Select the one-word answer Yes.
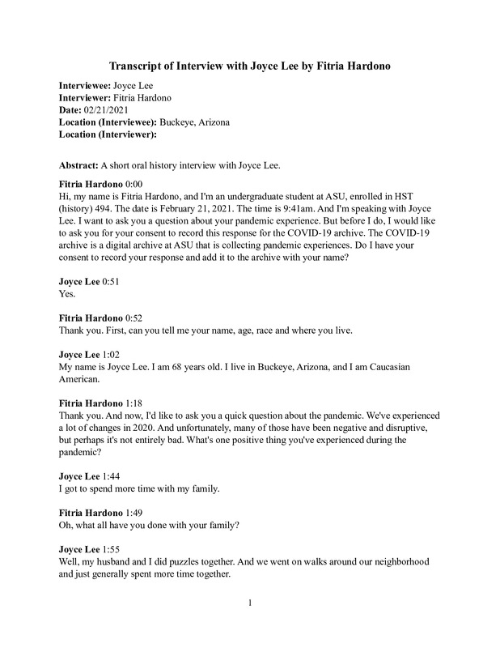pos(69,295)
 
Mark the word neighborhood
pos(396,562)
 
